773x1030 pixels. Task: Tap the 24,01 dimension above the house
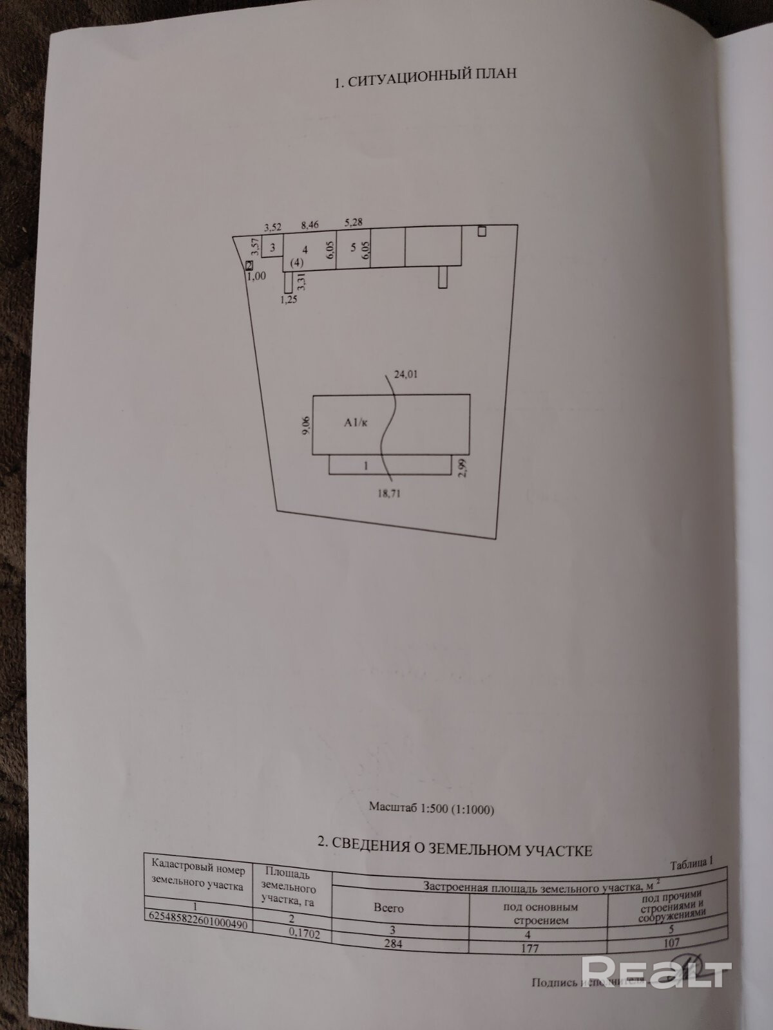click(406, 373)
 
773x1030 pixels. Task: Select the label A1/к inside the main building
click(356, 423)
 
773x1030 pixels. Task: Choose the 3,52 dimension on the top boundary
click(273, 227)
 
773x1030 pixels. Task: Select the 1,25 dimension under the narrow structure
click(289, 299)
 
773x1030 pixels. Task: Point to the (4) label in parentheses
click(296, 263)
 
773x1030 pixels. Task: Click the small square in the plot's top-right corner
click(482, 231)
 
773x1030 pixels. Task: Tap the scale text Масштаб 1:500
click(432, 809)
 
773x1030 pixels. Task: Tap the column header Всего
click(389, 908)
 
